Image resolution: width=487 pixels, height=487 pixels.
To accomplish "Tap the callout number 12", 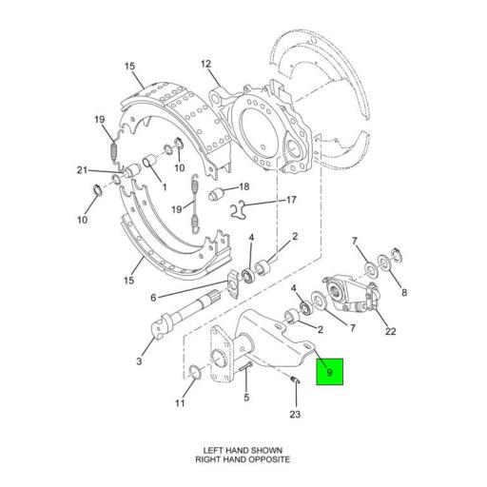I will click(205, 64).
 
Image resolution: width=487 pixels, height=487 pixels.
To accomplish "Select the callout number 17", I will click(292, 201).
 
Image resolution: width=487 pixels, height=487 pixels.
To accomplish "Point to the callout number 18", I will click(243, 186).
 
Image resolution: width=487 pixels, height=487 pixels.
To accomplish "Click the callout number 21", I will click(83, 170).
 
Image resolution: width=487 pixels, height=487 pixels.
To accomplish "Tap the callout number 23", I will click(295, 414).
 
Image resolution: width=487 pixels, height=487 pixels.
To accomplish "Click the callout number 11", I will click(180, 403).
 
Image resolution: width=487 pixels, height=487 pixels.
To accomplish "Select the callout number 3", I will click(139, 361).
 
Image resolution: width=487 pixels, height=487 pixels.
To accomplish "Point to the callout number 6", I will click(152, 297).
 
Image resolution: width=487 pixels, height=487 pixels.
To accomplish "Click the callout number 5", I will click(245, 398).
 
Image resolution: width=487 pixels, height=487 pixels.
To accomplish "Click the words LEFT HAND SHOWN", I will click(243, 449).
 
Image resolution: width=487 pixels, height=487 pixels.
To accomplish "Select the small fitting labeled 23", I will click(294, 382).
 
